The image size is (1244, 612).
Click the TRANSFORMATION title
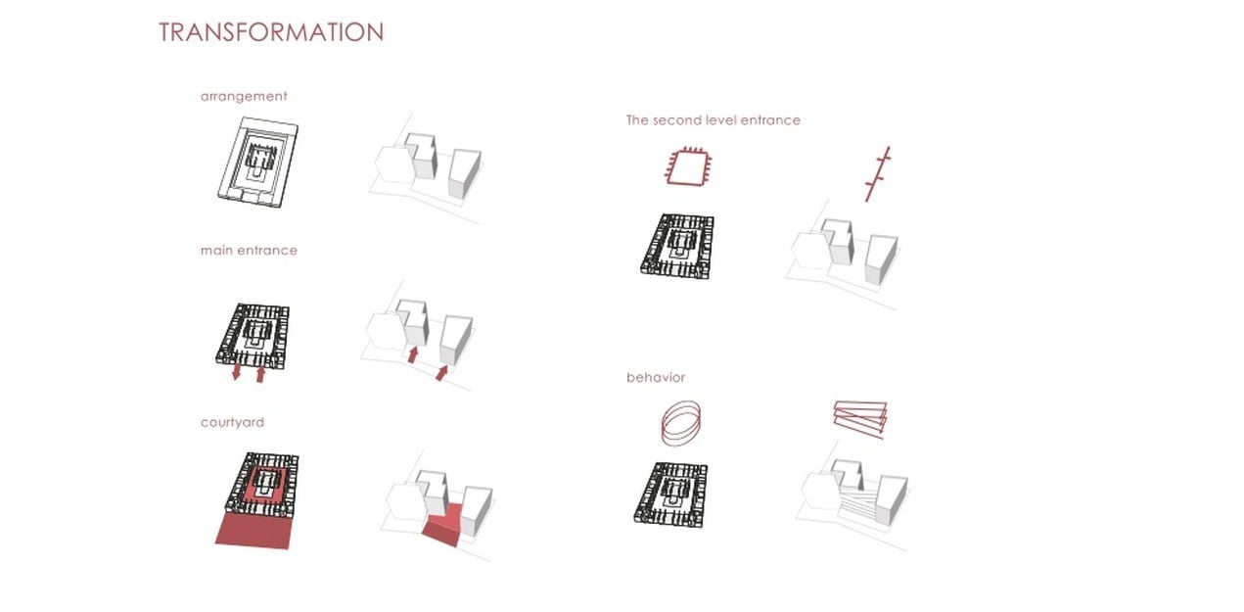tap(271, 32)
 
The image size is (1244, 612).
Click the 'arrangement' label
tap(244, 96)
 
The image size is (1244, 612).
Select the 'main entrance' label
tap(249, 250)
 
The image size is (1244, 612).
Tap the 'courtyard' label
tap(232, 422)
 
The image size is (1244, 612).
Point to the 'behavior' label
tap(656, 377)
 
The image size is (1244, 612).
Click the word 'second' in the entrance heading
tap(676, 120)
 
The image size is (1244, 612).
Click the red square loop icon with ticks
tap(689, 166)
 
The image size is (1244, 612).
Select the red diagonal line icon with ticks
tap(878, 174)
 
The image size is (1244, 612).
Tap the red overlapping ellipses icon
tap(681, 424)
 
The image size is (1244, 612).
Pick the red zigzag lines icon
tap(860, 419)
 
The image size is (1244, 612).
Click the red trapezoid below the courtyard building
tap(254, 531)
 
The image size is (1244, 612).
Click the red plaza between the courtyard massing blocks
tap(444, 525)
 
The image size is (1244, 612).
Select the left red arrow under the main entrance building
tap(237, 371)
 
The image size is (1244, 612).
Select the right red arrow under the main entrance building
tap(260, 374)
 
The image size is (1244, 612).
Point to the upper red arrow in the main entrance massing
tap(412, 354)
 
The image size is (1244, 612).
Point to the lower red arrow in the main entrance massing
tap(441, 372)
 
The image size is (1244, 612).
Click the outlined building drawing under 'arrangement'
tap(257, 163)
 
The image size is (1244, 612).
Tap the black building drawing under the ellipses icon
tap(671, 494)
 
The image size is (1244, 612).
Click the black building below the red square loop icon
tap(677, 246)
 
